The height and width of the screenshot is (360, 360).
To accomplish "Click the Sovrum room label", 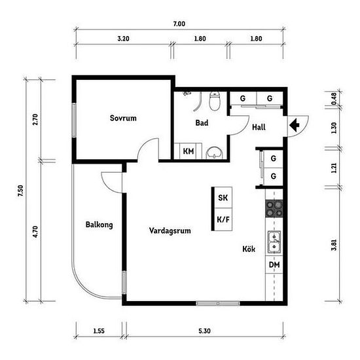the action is point(123,118).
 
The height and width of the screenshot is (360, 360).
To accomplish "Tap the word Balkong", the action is point(99,225).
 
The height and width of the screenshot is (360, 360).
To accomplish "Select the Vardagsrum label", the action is point(170,230).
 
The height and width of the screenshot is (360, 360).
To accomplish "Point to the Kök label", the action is point(249,249).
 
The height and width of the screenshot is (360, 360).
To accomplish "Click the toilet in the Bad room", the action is point(215,101).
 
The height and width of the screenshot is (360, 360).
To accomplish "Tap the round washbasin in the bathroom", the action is point(215,153).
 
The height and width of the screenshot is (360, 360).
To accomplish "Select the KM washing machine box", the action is point(188,151).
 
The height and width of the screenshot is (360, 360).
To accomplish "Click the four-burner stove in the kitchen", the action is point(274,208).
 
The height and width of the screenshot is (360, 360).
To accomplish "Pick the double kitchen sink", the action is point(274,242).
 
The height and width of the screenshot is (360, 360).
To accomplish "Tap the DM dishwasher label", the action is point(274,264).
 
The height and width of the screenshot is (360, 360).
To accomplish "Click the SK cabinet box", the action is point(223,198).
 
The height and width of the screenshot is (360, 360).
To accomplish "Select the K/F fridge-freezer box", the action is point(223,219).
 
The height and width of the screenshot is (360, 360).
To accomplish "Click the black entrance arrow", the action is point(295,126).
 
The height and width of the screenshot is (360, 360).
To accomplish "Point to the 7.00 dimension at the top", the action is point(179,24).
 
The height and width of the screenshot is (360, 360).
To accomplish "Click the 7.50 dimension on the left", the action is point(20,190).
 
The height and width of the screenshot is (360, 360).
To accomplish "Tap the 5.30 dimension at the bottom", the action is point(205,331).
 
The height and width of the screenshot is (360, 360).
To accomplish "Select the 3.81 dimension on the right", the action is point(334,245).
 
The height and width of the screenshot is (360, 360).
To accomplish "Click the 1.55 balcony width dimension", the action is point(99,331).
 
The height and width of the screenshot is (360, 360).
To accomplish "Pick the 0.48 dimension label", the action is point(334,98).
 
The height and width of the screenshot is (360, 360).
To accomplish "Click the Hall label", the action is point(259,127).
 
